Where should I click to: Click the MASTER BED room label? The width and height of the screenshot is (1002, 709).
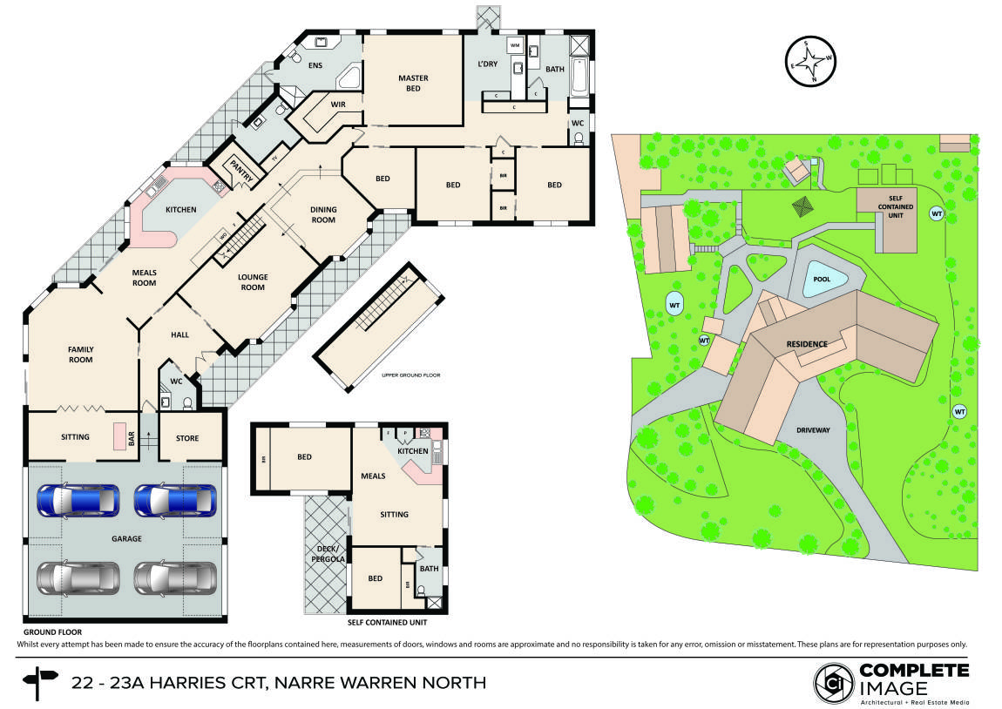(x=413, y=84)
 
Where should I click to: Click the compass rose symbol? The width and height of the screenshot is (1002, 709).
(x=809, y=62)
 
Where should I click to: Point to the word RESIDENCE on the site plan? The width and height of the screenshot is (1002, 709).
(x=807, y=344)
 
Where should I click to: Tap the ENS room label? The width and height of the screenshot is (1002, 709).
(x=315, y=64)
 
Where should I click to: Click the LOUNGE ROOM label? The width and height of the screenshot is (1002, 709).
(x=253, y=282)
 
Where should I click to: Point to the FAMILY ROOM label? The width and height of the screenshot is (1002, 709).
(x=81, y=354)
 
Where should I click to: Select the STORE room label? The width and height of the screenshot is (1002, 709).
(x=187, y=437)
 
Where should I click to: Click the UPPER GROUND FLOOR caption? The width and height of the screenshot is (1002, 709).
(x=411, y=375)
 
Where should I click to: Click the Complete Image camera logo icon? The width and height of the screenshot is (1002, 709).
(x=834, y=683)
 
